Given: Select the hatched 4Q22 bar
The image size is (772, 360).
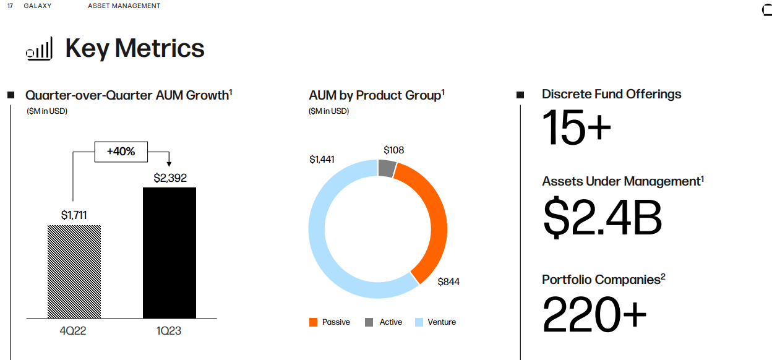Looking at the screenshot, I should (x=74, y=272).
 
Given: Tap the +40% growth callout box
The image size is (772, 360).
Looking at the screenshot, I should (x=121, y=152).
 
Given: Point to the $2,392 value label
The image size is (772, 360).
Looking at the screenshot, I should (x=170, y=178).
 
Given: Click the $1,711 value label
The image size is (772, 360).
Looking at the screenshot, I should (x=74, y=215).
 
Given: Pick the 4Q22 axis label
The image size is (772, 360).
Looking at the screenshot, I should (x=73, y=331).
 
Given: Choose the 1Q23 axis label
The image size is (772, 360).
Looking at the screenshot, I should (x=168, y=331).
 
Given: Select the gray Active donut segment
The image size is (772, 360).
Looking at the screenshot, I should (x=387, y=168).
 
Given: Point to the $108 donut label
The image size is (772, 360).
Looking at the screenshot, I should (x=394, y=150).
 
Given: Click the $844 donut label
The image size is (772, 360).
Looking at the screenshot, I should (x=448, y=282).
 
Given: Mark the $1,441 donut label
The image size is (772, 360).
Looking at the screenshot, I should (x=322, y=160).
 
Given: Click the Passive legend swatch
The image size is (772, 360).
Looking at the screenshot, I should (x=314, y=322).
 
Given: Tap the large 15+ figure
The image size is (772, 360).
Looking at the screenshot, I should (x=577, y=127).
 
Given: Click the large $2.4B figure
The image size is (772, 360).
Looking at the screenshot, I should (x=603, y=217).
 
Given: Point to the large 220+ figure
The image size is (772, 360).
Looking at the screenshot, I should (x=594, y=314).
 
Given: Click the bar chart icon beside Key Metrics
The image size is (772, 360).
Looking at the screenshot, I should (x=39, y=49).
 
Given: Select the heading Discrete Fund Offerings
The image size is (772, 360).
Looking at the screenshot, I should (x=611, y=94).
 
